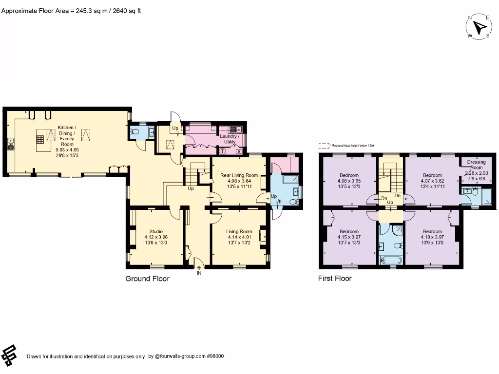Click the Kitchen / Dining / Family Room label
(x=66, y=136)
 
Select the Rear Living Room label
(x=239, y=175)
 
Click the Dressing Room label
(x=476, y=165)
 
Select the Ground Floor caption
(x=148, y=279)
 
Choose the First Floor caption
(x=335, y=279)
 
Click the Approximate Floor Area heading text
(x=71, y=10)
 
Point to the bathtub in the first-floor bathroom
(x=390, y=260)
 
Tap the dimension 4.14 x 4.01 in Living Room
(x=239, y=237)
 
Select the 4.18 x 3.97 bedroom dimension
(x=432, y=237)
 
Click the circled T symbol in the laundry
(x=223, y=151)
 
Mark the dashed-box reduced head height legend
(x=324, y=145)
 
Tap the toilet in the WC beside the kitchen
(x=135, y=131)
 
